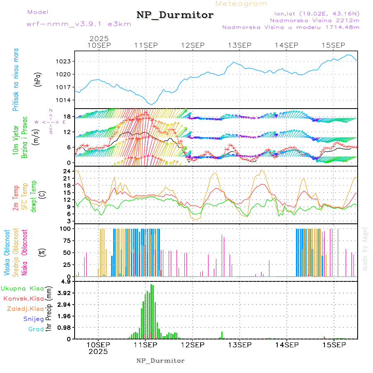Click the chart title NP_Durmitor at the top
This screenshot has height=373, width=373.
[x=175, y=15]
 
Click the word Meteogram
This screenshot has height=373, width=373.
[x=241, y=4]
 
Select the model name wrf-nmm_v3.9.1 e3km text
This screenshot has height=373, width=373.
[x=79, y=24]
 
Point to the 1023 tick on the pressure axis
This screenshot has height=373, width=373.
[x=64, y=62]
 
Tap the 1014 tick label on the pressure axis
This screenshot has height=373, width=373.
[x=64, y=100]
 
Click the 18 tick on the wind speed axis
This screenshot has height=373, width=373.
[x=68, y=116]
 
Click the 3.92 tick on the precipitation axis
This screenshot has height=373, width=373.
[x=63, y=293]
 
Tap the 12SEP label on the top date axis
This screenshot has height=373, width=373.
[x=193, y=45]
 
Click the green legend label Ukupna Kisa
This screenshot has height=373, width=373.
[x=22, y=288]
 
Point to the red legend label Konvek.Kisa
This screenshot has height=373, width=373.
[x=23, y=298]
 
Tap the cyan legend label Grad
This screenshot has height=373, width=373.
[x=36, y=329]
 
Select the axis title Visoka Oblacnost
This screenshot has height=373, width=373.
[x=7, y=252]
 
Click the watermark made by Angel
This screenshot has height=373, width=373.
[x=365, y=249]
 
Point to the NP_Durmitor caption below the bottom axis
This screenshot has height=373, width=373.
[x=160, y=361]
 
